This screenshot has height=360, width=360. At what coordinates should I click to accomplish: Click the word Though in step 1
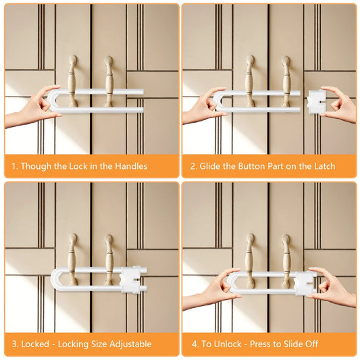pos(36,166)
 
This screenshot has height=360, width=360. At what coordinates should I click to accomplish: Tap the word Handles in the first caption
pos(131,166)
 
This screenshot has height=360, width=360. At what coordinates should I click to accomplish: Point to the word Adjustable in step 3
pos(130,344)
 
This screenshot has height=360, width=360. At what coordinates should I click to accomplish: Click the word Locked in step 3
pos(35,344)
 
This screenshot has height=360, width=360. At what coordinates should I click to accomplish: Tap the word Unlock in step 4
pos(228,344)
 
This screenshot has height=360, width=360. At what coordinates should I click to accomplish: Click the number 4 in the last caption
pos(195,344)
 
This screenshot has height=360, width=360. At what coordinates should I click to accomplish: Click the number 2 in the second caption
pos(193,166)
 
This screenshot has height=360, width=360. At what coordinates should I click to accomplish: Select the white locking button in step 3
pos(130,280)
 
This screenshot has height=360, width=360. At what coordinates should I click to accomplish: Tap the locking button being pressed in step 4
pos(305,283)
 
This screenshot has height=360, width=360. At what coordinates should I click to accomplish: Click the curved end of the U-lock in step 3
pos(55,280)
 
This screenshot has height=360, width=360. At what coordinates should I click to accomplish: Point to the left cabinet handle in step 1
pos(72,81)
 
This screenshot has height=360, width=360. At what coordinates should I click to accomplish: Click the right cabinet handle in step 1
pos(109,82)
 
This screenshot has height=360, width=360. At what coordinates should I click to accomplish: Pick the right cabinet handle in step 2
pos(286,82)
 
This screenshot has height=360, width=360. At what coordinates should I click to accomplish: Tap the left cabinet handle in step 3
pos(72,259)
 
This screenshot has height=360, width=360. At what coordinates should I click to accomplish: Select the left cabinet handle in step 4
pos(250,259)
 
